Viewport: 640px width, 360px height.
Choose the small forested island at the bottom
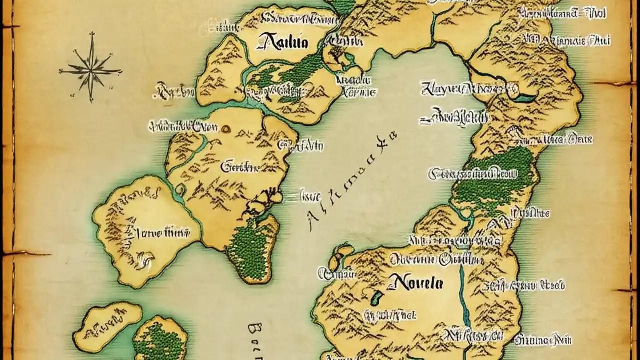(159, 340)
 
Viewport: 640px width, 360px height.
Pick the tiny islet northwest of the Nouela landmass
(343, 251)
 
